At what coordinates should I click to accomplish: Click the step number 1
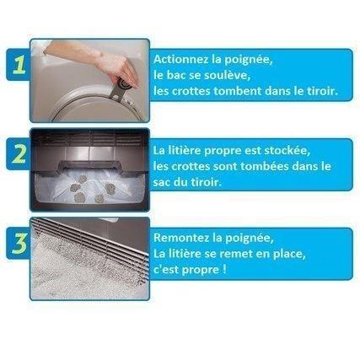point(19,64)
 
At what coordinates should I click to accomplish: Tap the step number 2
point(19,153)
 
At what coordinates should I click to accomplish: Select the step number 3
point(19,243)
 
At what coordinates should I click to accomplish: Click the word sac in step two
point(162,183)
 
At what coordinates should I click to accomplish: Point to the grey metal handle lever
point(120,88)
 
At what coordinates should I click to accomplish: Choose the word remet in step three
point(233,254)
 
